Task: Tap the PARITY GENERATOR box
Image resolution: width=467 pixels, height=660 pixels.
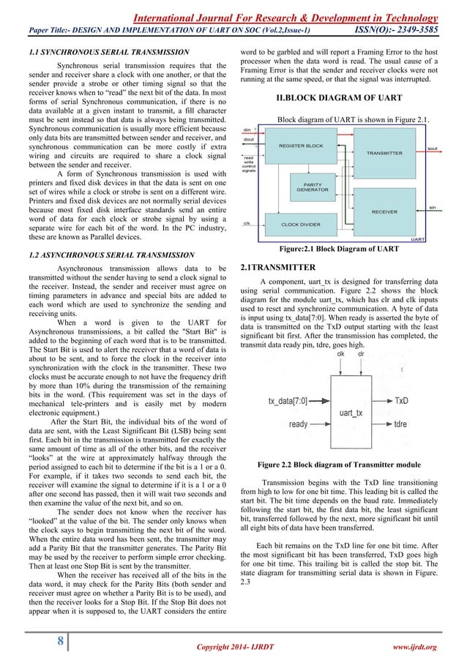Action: click(312, 187)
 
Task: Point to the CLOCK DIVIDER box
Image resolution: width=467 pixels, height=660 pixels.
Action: click(300, 225)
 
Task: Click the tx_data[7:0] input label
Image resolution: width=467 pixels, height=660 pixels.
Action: click(288, 401)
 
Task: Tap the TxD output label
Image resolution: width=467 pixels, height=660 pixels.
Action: click(402, 401)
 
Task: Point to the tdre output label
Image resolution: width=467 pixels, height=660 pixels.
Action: click(401, 424)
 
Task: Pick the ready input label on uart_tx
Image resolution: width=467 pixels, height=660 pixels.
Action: click(298, 424)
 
